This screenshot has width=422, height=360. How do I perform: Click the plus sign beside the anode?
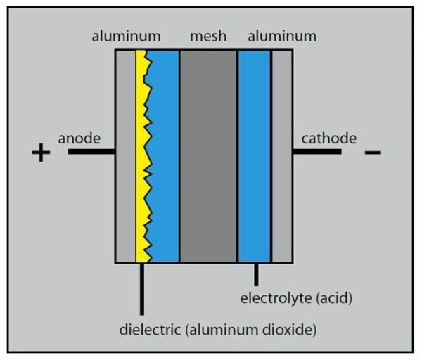click(41, 153)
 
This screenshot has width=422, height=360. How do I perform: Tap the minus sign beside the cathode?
click(373, 152)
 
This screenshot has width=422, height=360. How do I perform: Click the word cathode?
click(328, 138)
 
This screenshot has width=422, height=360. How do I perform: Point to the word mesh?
click(208, 36)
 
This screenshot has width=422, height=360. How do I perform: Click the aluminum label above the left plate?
click(126, 36)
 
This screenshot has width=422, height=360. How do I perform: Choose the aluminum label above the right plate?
click(281, 36)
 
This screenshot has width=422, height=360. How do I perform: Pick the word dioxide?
click(294, 328)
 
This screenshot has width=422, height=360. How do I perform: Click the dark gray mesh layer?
click(208, 155)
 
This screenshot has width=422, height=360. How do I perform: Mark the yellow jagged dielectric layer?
click(143, 155)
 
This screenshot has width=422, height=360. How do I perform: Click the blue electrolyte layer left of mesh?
click(166, 155)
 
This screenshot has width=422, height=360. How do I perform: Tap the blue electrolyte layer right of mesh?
click(255, 155)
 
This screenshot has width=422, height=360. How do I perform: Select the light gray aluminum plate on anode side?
click(125, 155)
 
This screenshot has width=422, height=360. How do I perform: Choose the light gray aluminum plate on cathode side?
click(282, 155)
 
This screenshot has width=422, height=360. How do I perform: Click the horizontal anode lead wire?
click(91, 151)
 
